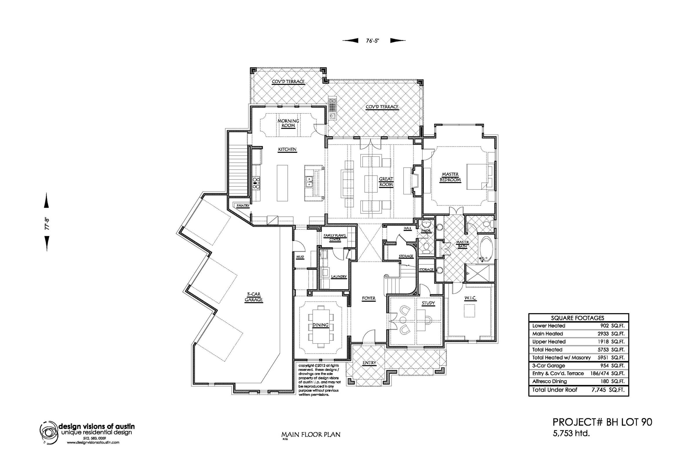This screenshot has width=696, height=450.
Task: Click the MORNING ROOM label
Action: pyautogui.click(x=288, y=123)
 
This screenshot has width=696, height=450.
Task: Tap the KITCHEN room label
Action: pyautogui.click(x=287, y=149)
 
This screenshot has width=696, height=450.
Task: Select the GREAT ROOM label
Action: pyautogui.click(x=386, y=181)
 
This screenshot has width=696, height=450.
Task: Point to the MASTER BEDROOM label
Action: pyautogui.click(x=450, y=177)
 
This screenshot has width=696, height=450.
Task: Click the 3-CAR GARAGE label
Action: pyautogui.click(x=253, y=297)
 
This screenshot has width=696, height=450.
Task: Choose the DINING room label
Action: pyautogui.click(x=321, y=325)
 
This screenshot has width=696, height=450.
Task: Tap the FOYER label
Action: pyautogui.click(x=369, y=298)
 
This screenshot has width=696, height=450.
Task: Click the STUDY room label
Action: pyautogui.click(x=428, y=303)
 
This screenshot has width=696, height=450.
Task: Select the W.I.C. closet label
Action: pyautogui.click(x=471, y=298)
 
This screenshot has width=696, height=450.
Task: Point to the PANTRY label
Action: pyautogui.click(x=243, y=206)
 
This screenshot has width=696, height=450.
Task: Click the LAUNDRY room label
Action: pyautogui.click(x=339, y=276)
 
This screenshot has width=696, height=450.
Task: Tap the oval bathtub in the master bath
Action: pyautogui.click(x=486, y=249)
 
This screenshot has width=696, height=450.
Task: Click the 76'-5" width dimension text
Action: pyautogui.click(x=373, y=41)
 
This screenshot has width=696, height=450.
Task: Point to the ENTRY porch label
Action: pyautogui.click(x=369, y=363)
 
